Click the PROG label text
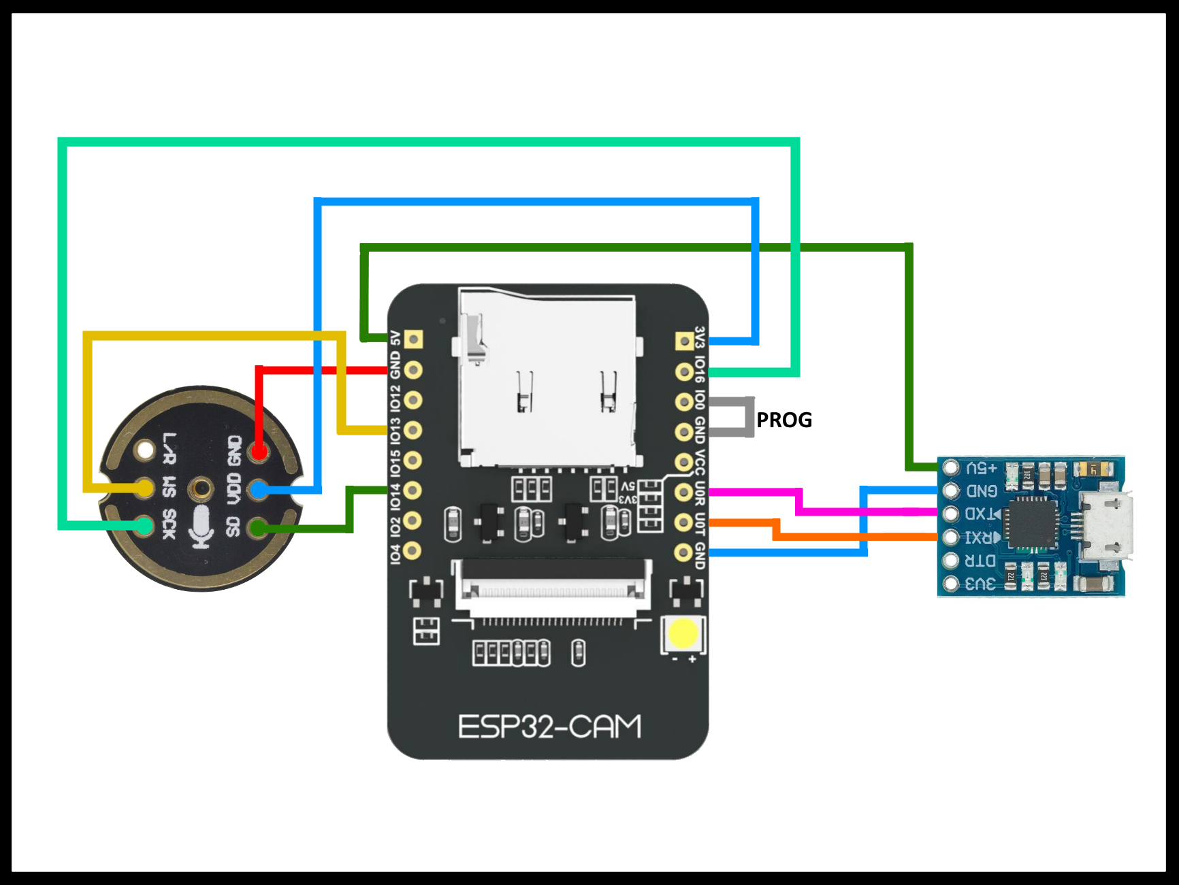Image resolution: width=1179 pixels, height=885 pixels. click(x=784, y=420)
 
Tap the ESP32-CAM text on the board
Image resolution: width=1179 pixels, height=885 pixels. click(x=549, y=727)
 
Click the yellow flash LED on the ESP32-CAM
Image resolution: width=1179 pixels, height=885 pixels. click(x=683, y=633)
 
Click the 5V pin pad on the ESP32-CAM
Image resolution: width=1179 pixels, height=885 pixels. click(x=413, y=339)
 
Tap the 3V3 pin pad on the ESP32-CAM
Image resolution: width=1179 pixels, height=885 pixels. click(x=683, y=341)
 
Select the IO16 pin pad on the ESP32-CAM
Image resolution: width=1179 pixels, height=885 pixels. click(x=683, y=371)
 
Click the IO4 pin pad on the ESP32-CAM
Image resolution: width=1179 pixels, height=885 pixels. click(x=413, y=550)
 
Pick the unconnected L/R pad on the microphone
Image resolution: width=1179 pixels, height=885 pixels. click(x=145, y=450)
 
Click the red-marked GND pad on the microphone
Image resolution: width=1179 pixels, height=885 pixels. click(x=258, y=451)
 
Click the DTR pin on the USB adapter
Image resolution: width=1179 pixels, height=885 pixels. click(x=951, y=560)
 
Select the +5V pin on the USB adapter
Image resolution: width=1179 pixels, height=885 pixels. click(x=951, y=467)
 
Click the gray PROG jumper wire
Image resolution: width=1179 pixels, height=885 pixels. click(x=749, y=416)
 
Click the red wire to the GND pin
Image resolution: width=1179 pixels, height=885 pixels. click(x=320, y=370)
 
